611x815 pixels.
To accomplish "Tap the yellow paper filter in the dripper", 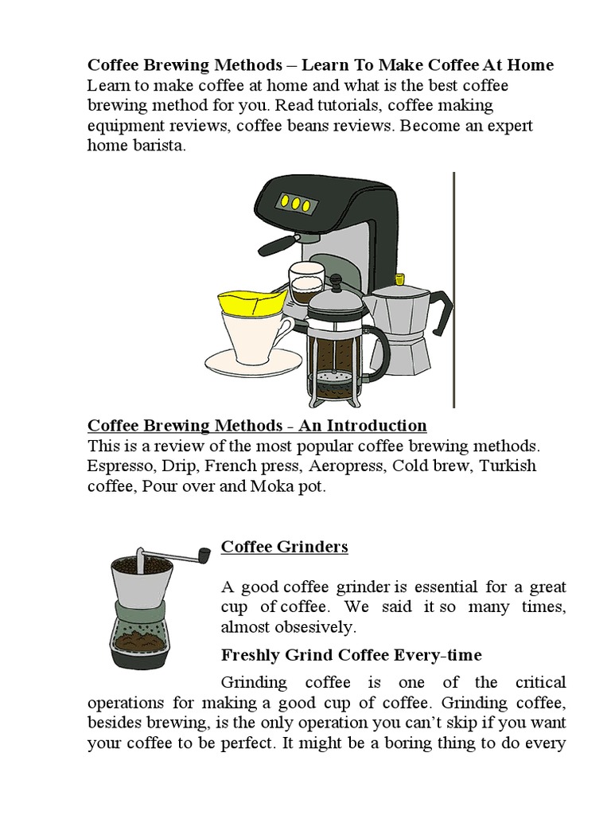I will (251, 302).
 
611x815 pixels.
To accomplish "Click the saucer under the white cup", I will (253, 362).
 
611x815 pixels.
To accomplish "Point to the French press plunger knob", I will (335, 281).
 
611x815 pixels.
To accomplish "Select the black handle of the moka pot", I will (441, 311).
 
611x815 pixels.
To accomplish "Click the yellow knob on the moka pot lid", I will (399, 279).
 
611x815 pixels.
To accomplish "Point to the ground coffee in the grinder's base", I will (140, 639).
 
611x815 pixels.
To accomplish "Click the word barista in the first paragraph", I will (158, 146).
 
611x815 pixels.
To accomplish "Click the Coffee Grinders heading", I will (284, 547).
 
